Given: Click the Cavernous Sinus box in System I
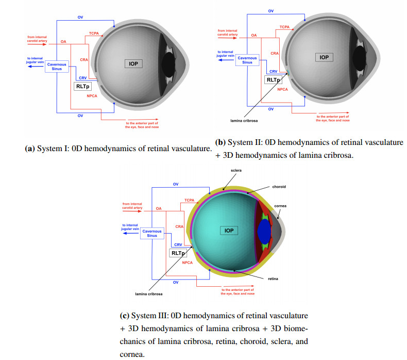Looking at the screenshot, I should coord(57,67).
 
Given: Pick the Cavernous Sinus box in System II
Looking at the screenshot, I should coord(247,60).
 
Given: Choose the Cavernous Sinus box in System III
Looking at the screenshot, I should coord(152,234).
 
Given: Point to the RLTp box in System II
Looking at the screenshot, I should coord(273,80).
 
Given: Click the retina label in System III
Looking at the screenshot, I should coord(274,279).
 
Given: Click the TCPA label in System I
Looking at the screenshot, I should coord(93,33).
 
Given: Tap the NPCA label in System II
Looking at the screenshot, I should coord(282,89).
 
